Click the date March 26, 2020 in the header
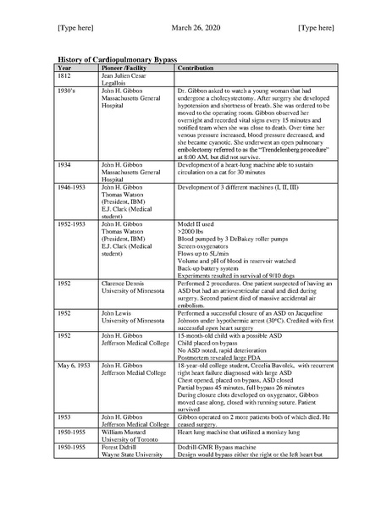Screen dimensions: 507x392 [x=195, y=28]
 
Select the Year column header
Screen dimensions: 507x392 [x=64, y=67]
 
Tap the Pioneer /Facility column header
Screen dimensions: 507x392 [x=124, y=67]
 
